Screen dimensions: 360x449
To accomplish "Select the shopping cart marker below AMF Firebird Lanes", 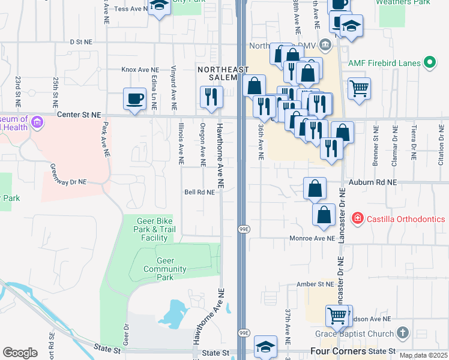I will (359, 89).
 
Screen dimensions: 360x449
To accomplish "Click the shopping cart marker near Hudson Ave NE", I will (337, 316).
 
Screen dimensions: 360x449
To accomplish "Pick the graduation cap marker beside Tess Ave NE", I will (159, 6).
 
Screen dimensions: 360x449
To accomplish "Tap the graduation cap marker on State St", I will (265, 346).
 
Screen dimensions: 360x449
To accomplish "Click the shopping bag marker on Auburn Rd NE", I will (315, 188).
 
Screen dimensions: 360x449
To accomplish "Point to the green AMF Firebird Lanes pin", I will (429, 62).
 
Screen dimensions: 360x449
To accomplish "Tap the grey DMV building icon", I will (325, 44).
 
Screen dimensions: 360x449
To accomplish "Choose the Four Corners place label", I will (338, 351).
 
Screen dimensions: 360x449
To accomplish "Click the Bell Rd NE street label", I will (199, 193).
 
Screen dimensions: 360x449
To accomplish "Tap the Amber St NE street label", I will (315, 284).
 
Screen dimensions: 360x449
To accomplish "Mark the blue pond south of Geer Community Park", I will (173, 313).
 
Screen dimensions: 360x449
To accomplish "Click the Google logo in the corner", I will (20, 352).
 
